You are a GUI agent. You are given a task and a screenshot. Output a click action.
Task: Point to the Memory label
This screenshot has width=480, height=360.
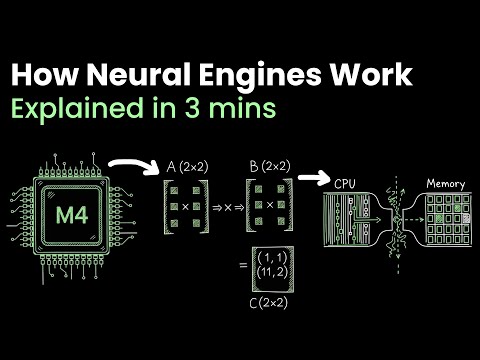(445, 183)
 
